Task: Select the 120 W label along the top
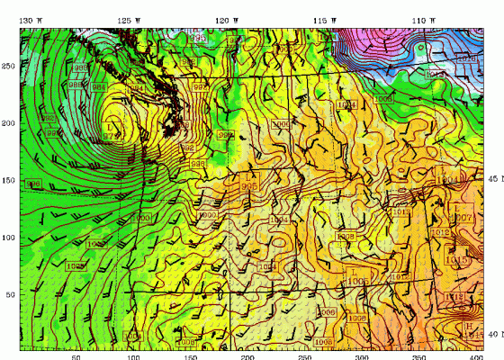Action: click(x=228, y=20)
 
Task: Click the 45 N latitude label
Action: click(x=493, y=178)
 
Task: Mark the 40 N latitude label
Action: click(x=493, y=334)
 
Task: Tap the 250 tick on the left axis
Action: click(x=10, y=66)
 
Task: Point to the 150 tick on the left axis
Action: click(x=10, y=180)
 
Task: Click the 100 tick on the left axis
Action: click(x=10, y=238)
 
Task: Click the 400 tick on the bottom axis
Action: click(x=475, y=355)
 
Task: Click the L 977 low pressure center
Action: click(x=111, y=131)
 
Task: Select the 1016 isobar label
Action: click(x=467, y=58)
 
